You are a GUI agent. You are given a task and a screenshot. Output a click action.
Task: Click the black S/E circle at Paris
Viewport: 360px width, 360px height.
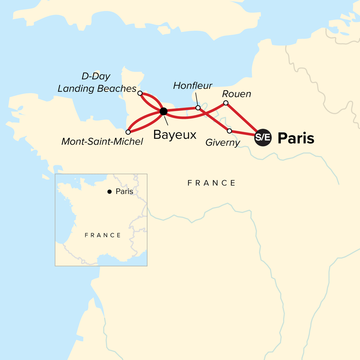point(263,138)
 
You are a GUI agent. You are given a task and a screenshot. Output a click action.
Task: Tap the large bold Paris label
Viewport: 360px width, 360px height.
point(296,138)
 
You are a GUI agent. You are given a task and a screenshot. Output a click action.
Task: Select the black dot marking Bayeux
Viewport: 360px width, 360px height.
point(163,112)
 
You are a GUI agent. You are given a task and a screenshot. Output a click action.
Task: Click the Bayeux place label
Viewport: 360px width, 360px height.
point(175,135)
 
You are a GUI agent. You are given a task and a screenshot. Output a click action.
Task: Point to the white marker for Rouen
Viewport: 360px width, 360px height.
point(226,103)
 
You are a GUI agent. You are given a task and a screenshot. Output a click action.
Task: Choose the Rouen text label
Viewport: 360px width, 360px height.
point(236,94)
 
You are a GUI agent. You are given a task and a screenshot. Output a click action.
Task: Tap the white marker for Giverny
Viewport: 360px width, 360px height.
point(229,131)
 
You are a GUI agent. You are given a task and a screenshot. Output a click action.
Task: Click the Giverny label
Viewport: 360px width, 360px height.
point(223,142)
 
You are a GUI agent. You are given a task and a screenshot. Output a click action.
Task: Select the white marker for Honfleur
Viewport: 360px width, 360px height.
point(198,108)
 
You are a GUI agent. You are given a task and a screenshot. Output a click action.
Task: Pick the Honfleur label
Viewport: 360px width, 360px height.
point(193,86)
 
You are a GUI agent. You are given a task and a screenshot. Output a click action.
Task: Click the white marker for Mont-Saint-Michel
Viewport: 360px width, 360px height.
point(128,132)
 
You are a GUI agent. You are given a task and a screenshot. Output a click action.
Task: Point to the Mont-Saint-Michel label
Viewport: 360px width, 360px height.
point(102,142)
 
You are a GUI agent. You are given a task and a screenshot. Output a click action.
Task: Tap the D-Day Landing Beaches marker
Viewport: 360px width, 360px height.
point(140,93)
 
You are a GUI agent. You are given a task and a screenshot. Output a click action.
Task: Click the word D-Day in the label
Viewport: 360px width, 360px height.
point(96,76)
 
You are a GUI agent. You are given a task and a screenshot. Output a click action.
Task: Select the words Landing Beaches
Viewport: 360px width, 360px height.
point(97,89)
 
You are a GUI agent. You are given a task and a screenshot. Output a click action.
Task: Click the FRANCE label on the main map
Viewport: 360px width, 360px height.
point(212,183)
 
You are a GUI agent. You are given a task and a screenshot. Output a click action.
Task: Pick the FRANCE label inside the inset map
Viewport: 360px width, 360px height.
point(103,235)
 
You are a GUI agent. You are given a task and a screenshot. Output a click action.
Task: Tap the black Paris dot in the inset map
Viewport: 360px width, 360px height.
point(109,192)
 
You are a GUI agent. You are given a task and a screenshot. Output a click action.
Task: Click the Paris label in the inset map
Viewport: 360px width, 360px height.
point(124,191)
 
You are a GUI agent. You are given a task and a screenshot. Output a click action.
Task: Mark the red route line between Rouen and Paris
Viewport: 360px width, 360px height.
point(241,118)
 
